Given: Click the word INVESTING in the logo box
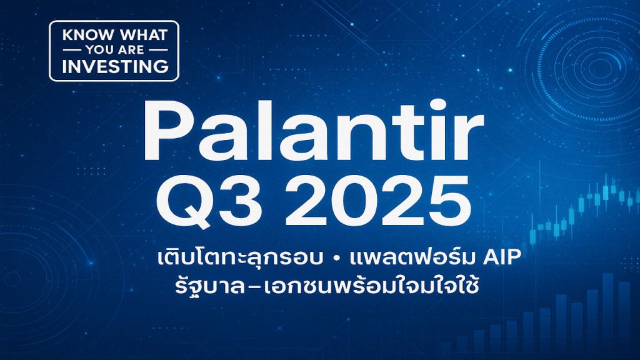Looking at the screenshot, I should tap(113, 64).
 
